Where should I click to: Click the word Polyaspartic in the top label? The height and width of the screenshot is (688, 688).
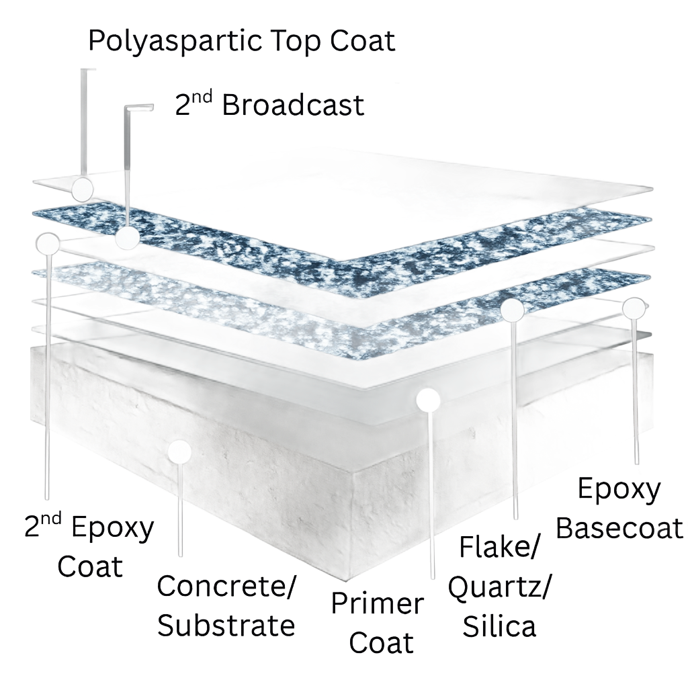pos(175,42)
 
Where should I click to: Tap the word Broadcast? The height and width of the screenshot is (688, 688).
pos(293,105)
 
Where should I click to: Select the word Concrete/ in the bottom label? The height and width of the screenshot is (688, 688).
pos(226,586)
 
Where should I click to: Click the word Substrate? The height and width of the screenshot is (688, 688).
pos(226,626)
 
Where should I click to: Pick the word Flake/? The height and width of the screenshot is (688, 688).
pos(499,547)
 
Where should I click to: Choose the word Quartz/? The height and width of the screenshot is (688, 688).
pos(499,588)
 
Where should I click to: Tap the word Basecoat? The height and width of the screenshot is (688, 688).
pos(619,527)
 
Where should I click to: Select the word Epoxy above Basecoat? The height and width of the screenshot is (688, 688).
pos(619,490)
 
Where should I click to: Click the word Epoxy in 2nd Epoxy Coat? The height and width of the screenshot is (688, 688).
pos(112,529)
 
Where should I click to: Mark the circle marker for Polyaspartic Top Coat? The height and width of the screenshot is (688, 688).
pos(83,189)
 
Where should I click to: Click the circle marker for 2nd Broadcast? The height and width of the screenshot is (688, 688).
pos(128,237)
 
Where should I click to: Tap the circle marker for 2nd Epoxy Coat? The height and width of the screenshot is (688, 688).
pos(48,243)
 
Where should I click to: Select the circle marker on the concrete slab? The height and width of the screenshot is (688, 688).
pos(179,451)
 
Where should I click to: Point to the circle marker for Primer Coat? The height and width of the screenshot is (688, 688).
pos(428,399)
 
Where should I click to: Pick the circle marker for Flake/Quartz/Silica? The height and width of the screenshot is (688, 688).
pos(512,309)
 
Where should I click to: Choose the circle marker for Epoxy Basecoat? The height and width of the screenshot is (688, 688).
pos(634,308)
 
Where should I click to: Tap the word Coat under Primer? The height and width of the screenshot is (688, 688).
pos(381,643)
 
